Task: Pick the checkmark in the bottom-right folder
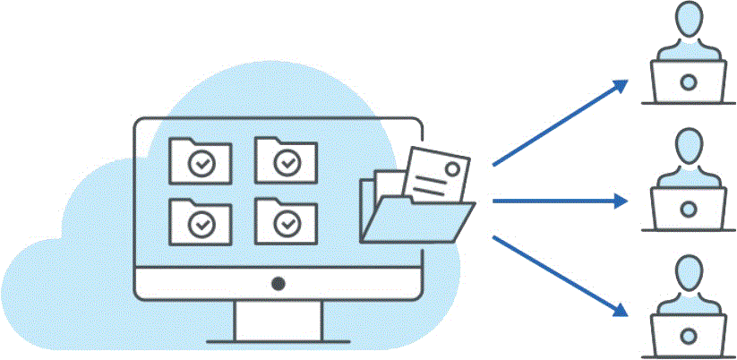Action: coord(287,223)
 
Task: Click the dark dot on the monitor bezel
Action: coord(279,284)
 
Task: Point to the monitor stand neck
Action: coord(279,318)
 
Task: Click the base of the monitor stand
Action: coord(279,340)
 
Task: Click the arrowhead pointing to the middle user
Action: coord(621,201)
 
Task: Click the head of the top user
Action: coord(688,21)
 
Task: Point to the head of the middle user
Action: coord(688,146)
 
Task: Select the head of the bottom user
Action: coord(688,271)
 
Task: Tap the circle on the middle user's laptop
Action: coord(688,209)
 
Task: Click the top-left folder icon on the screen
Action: coord(201,160)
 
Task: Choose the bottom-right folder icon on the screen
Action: coord(286,219)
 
